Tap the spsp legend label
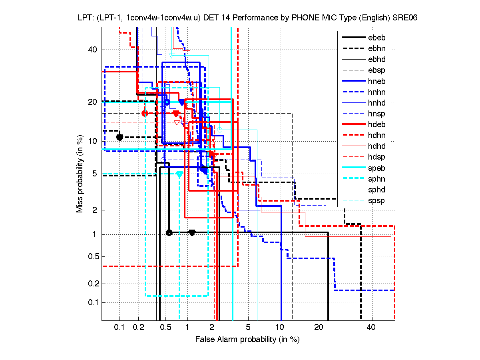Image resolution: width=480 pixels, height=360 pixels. click(x=376, y=201)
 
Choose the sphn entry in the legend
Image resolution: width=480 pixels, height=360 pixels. click(x=376, y=179)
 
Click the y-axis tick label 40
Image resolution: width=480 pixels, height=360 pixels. click(x=93, y=50)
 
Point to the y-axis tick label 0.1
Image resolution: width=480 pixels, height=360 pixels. click(x=92, y=302)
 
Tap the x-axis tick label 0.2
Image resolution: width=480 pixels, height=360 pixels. click(x=139, y=327)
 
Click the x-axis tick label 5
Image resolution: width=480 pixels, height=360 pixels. click(x=248, y=327)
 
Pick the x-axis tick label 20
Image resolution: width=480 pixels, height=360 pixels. click(x=319, y=327)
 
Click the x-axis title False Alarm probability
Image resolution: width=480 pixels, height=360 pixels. click(x=247, y=339)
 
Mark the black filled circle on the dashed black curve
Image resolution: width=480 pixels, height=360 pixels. click(x=120, y=137)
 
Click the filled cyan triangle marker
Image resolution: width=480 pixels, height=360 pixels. click(x=179, y=174)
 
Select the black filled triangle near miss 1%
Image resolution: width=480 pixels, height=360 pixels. click(x=192, y=232)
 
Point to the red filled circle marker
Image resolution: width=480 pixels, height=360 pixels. click(x=145, y=113)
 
